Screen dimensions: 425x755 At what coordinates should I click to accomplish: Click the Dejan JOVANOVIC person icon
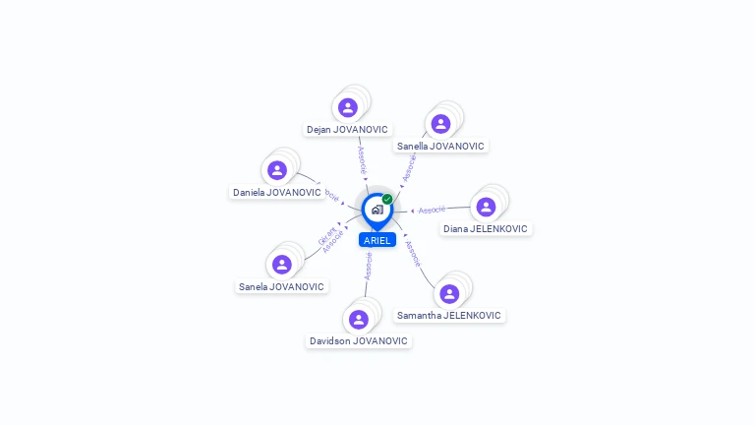347,107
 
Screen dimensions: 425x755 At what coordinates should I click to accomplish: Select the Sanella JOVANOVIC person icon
440,124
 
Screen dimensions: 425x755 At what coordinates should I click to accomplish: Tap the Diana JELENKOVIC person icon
486,207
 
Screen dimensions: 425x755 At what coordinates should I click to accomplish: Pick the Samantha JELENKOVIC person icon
449,294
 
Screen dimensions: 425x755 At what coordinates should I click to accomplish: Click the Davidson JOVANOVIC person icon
359,320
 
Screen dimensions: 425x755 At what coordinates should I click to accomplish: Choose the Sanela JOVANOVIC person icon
282,265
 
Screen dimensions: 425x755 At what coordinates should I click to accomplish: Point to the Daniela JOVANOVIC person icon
277,170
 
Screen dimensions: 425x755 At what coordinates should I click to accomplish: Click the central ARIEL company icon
377,210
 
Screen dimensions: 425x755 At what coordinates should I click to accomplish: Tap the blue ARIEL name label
377,240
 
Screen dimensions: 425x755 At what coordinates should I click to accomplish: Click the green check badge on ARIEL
387,199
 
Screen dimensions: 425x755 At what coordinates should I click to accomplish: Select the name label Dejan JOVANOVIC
347,129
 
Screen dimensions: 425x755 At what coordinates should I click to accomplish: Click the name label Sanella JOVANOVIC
440,146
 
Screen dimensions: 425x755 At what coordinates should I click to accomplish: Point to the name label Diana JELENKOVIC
486,228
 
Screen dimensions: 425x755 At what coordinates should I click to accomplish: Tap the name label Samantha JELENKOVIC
448,316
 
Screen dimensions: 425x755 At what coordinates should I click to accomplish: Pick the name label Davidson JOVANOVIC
358,340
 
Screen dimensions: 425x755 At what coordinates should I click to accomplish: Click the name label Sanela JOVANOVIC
281,286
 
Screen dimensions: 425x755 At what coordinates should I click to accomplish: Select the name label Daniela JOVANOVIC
277,192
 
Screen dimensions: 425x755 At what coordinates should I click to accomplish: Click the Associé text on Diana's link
432,210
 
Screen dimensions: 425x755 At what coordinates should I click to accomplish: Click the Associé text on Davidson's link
369,266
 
